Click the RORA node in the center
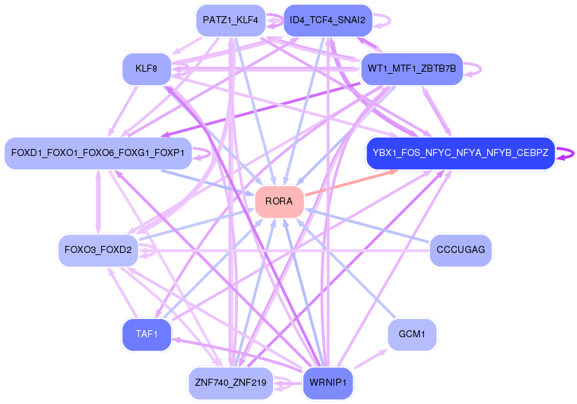pos(279,202)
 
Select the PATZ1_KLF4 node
pos(231,20)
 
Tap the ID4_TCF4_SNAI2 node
pos(328,20)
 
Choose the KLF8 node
pos(147,69)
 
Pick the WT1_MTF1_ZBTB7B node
pos(412,69)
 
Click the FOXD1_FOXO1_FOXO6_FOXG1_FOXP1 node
pos(98,153)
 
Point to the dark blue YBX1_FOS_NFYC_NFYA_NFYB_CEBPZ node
pos(460,153)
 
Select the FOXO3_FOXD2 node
pos(98,250)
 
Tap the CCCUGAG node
pos(460,250)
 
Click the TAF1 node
pos(147,334)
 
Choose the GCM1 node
pos(412,334)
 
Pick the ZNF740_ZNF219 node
pos(231,383)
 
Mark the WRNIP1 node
pos(328,383)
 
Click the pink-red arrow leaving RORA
pos(351,183)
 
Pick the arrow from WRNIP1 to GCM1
pos(371,358)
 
